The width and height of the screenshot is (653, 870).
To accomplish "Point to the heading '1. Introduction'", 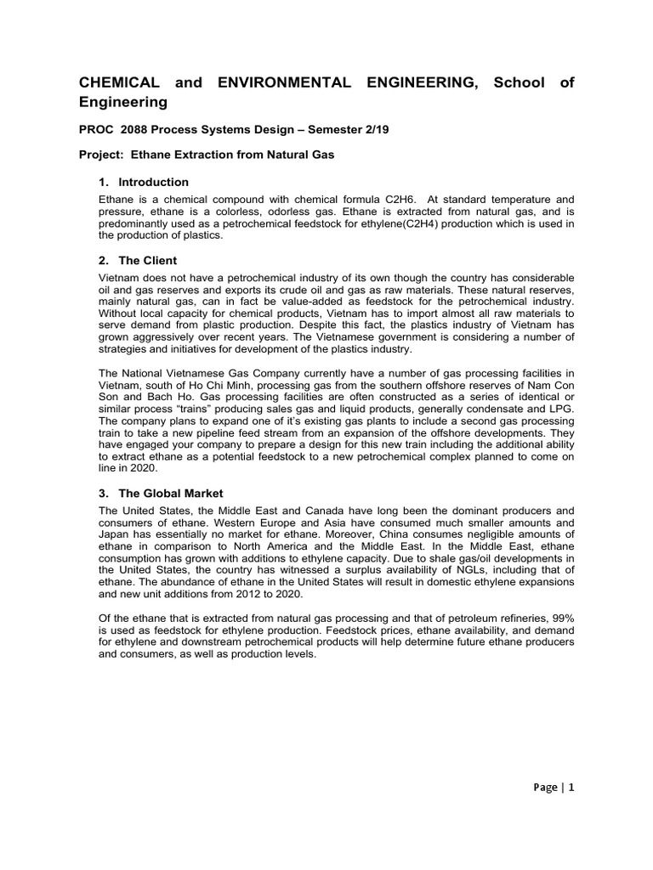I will (x=144, y=182).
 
